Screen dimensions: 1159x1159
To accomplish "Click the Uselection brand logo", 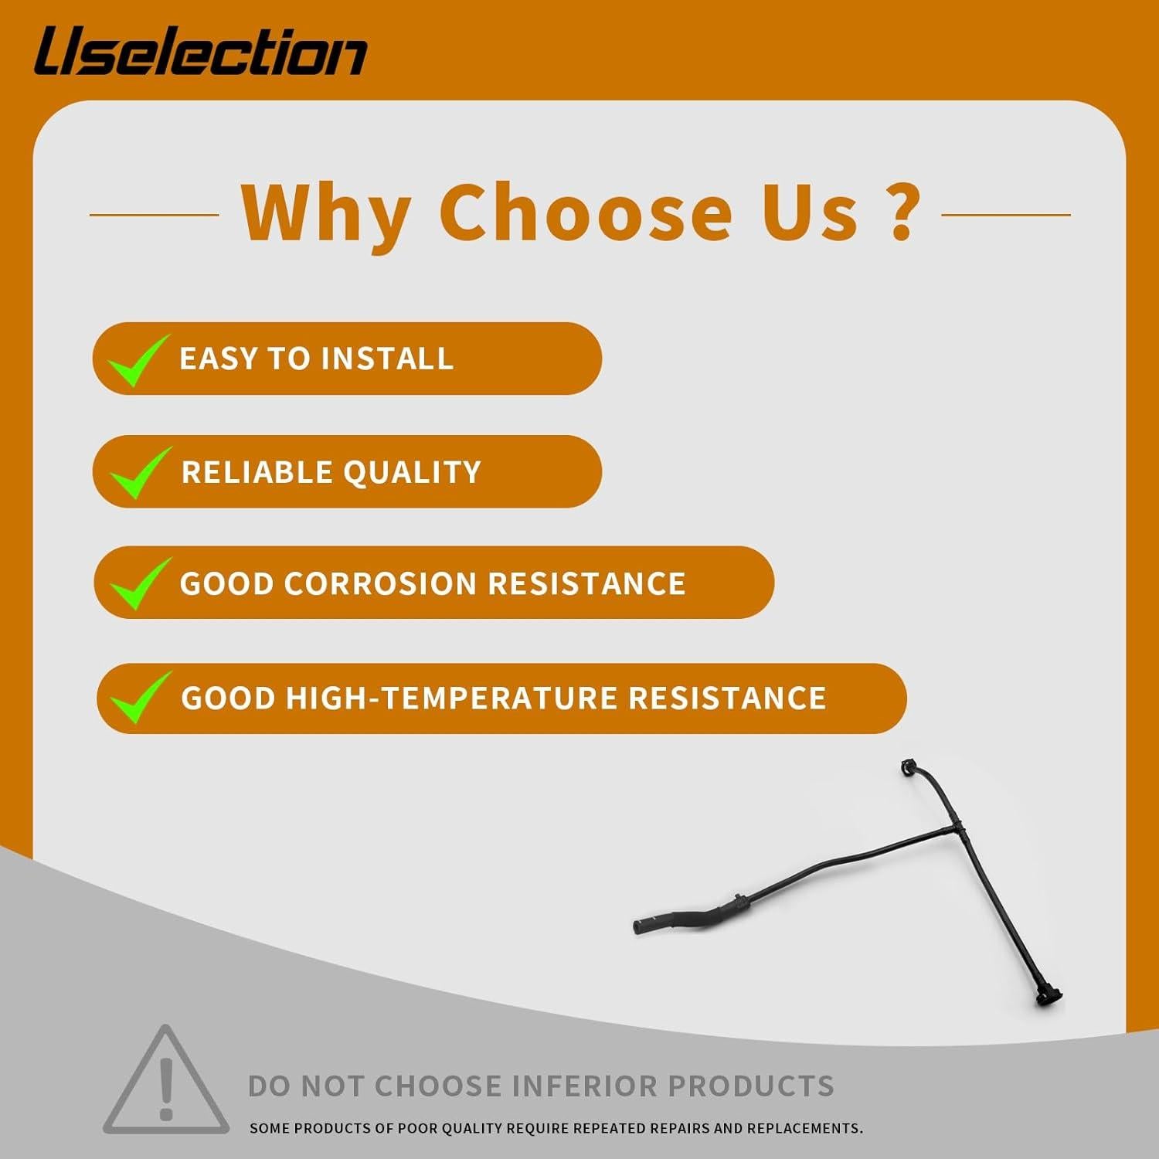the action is point(200,51).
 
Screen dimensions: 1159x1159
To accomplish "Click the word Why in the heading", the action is point(325,212).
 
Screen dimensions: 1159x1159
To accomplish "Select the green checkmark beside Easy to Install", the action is point(138,359).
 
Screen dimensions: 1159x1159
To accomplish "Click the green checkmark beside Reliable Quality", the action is point(140,472).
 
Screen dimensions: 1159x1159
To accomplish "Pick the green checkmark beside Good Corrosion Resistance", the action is point(140,583).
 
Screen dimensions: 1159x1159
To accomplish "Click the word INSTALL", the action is point(387,359).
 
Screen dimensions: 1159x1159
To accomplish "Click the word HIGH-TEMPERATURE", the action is point(451,698).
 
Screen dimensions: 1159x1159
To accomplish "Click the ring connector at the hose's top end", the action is point(910,769).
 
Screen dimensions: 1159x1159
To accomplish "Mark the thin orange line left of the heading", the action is point(155,215).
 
